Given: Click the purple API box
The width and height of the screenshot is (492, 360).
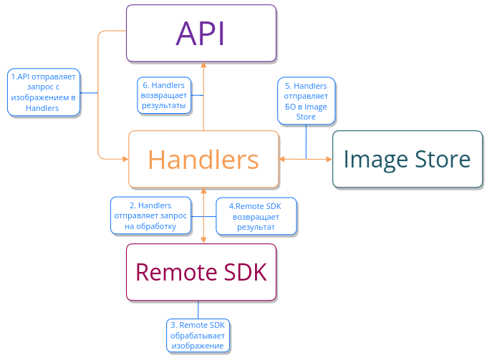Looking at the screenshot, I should [x=201, y=33].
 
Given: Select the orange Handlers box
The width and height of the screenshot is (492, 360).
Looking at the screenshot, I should [x=203, y=159].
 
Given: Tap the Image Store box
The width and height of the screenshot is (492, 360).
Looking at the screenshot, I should [x=407, y=159].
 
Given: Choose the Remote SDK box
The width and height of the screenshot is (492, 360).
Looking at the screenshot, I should [x=201, y=272].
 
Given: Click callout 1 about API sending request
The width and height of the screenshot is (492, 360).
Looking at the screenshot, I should [x=43, y=92].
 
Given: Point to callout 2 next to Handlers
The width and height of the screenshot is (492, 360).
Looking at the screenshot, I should [x=150, y=215].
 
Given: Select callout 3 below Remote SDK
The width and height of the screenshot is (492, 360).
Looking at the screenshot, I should [x=197, y=335].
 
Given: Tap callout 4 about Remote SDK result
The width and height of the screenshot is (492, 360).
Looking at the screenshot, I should [x=256, y=216].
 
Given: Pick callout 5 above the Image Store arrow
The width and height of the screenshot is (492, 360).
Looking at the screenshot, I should [x=306, y=101].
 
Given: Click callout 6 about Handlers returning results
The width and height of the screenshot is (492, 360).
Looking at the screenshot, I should [x=164, y=95].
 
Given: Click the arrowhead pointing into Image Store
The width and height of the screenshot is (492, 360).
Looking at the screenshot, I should [x=329, y=158].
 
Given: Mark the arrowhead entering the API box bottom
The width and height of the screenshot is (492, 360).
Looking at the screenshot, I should [x=203, y=64].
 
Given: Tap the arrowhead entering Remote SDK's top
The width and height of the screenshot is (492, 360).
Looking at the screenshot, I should [x=204, y=240].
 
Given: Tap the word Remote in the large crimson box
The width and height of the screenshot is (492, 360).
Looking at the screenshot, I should [x=170, y=272].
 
